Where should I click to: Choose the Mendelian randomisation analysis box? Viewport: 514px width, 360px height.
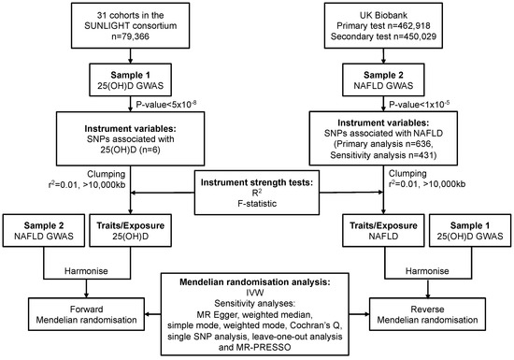coord(257,309)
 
